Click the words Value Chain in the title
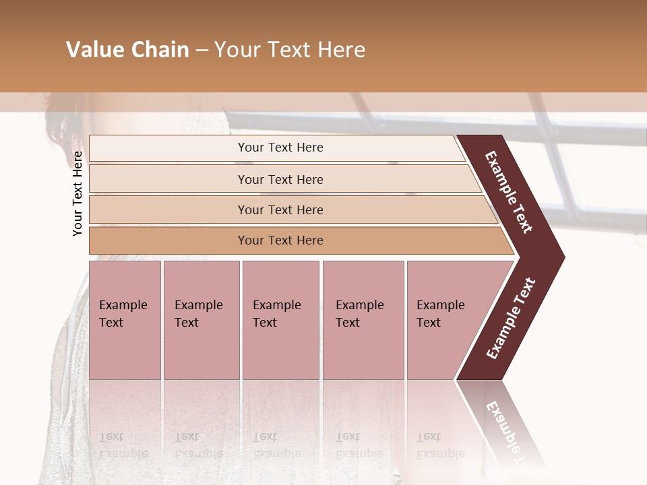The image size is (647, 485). tap(127, 50)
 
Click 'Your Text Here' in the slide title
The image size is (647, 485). tap(290, 50)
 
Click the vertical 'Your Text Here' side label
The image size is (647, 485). tap(78, 193)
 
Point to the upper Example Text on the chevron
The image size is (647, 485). tap(509, 192)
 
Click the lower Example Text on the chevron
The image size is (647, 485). tap(510, 318)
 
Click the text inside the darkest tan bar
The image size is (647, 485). tap(280, 240)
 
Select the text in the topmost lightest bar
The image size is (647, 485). tap(280, 148)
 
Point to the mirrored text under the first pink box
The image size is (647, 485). tap(123, 445)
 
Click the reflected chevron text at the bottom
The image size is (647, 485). tap(509, 431)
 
